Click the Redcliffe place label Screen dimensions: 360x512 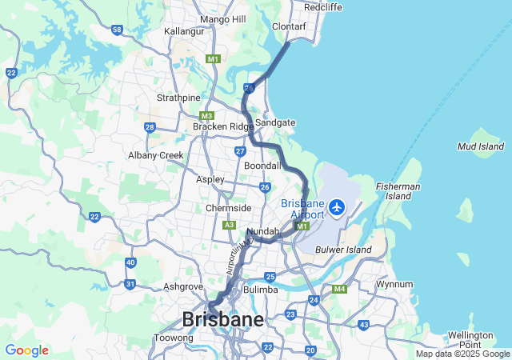323,6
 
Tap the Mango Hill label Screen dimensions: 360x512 223,19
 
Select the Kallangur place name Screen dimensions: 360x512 184,31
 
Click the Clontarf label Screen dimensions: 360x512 289,26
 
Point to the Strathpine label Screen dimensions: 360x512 178,98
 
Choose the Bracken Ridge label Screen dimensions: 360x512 222,126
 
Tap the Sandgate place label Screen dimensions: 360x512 275,122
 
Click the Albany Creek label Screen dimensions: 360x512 155,155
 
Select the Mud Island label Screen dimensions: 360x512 480,146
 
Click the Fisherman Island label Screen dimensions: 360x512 398,192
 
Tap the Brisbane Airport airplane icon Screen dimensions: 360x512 336,208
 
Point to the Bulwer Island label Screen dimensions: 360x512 346,250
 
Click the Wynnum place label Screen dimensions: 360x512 394,284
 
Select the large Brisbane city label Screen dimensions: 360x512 223,320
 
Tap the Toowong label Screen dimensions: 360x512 174,338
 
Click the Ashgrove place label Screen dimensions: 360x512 182,286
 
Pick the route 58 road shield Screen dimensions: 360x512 118,30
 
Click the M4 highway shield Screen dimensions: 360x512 339,289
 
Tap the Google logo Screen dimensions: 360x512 26,350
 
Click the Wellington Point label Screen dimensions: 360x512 470,339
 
